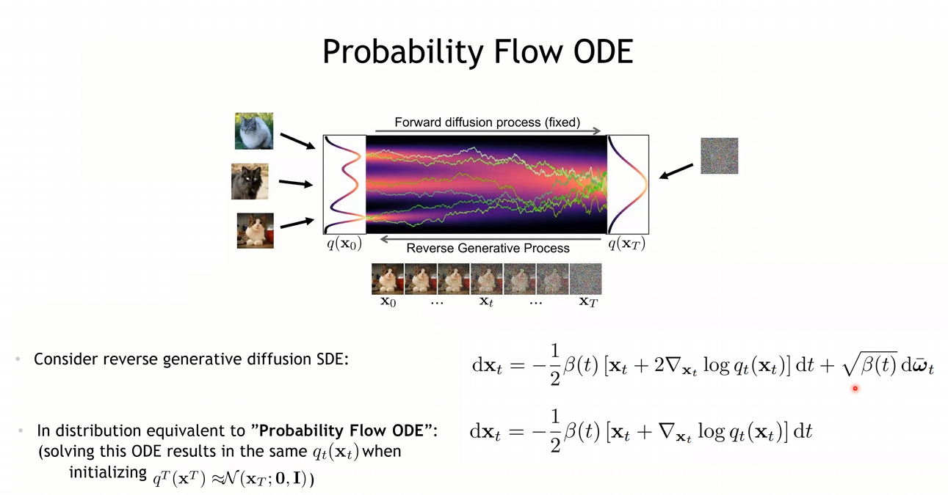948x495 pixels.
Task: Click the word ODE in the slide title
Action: pos(603,51)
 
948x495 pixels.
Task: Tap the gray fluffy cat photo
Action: pos(254,131)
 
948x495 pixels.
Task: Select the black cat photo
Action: pos(250,181)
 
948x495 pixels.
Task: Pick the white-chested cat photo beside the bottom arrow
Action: pos(256,231)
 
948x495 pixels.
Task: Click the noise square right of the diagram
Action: pos(720,155)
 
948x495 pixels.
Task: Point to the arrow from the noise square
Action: pos(676,171)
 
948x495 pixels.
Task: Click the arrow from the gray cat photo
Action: pos(298,142)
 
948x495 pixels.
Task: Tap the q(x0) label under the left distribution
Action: pos(344,244)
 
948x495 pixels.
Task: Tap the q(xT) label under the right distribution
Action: pos(627,244)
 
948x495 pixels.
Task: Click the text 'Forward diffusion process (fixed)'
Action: pos(487,122)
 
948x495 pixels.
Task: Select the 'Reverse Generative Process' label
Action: pos(488,248)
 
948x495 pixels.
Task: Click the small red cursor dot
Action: pos(855,388)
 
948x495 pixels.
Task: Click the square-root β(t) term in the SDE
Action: pos(870,364)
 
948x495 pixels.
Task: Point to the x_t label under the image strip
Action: pos(486,302)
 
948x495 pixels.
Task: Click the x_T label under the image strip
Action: pos(588,302)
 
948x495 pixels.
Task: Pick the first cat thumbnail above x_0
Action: pos(388,279)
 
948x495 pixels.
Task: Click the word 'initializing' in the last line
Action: pos(108,472)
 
